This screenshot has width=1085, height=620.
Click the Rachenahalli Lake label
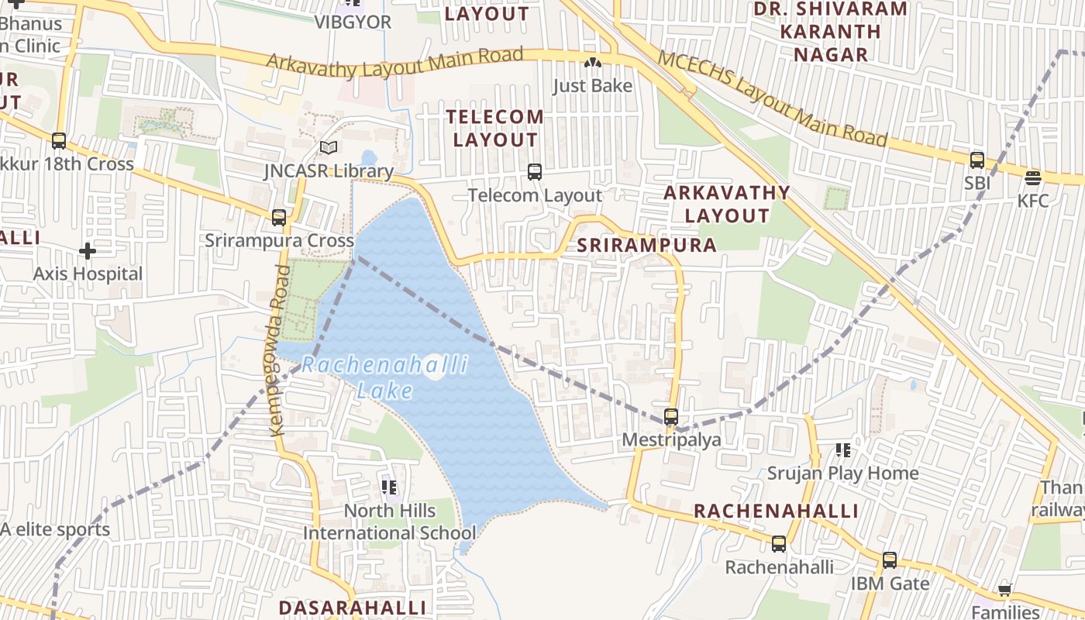(385, 377)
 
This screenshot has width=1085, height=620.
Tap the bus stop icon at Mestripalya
(671, 417)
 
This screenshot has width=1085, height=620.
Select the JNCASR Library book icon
(329, 147)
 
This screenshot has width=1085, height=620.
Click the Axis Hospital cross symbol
(88, 251)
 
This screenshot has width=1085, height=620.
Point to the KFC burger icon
(1032, 178)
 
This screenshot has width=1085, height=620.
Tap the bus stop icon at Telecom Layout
(535, 172)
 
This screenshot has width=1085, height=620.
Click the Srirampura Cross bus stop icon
(279, 218)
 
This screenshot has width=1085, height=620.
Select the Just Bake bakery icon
(593, 63)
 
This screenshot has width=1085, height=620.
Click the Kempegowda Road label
(279, 350)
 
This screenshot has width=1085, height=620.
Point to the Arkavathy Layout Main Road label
(395, 64)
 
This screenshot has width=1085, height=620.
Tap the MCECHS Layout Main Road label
(772, 98)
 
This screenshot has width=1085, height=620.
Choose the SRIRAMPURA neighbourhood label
(647, 246)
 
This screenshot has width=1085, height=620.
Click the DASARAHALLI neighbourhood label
(353, 607)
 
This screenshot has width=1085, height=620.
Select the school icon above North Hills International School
(389, 487)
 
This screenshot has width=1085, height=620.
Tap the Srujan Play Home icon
(843, 450)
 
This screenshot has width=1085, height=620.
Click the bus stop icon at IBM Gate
(890, 560)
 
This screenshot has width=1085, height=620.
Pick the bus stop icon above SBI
(977, 160)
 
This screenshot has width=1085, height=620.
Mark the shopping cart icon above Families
(1005, 591)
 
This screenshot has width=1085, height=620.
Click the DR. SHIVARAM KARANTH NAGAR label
(830, 32)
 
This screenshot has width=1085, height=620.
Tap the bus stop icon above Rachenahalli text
(779, 544)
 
